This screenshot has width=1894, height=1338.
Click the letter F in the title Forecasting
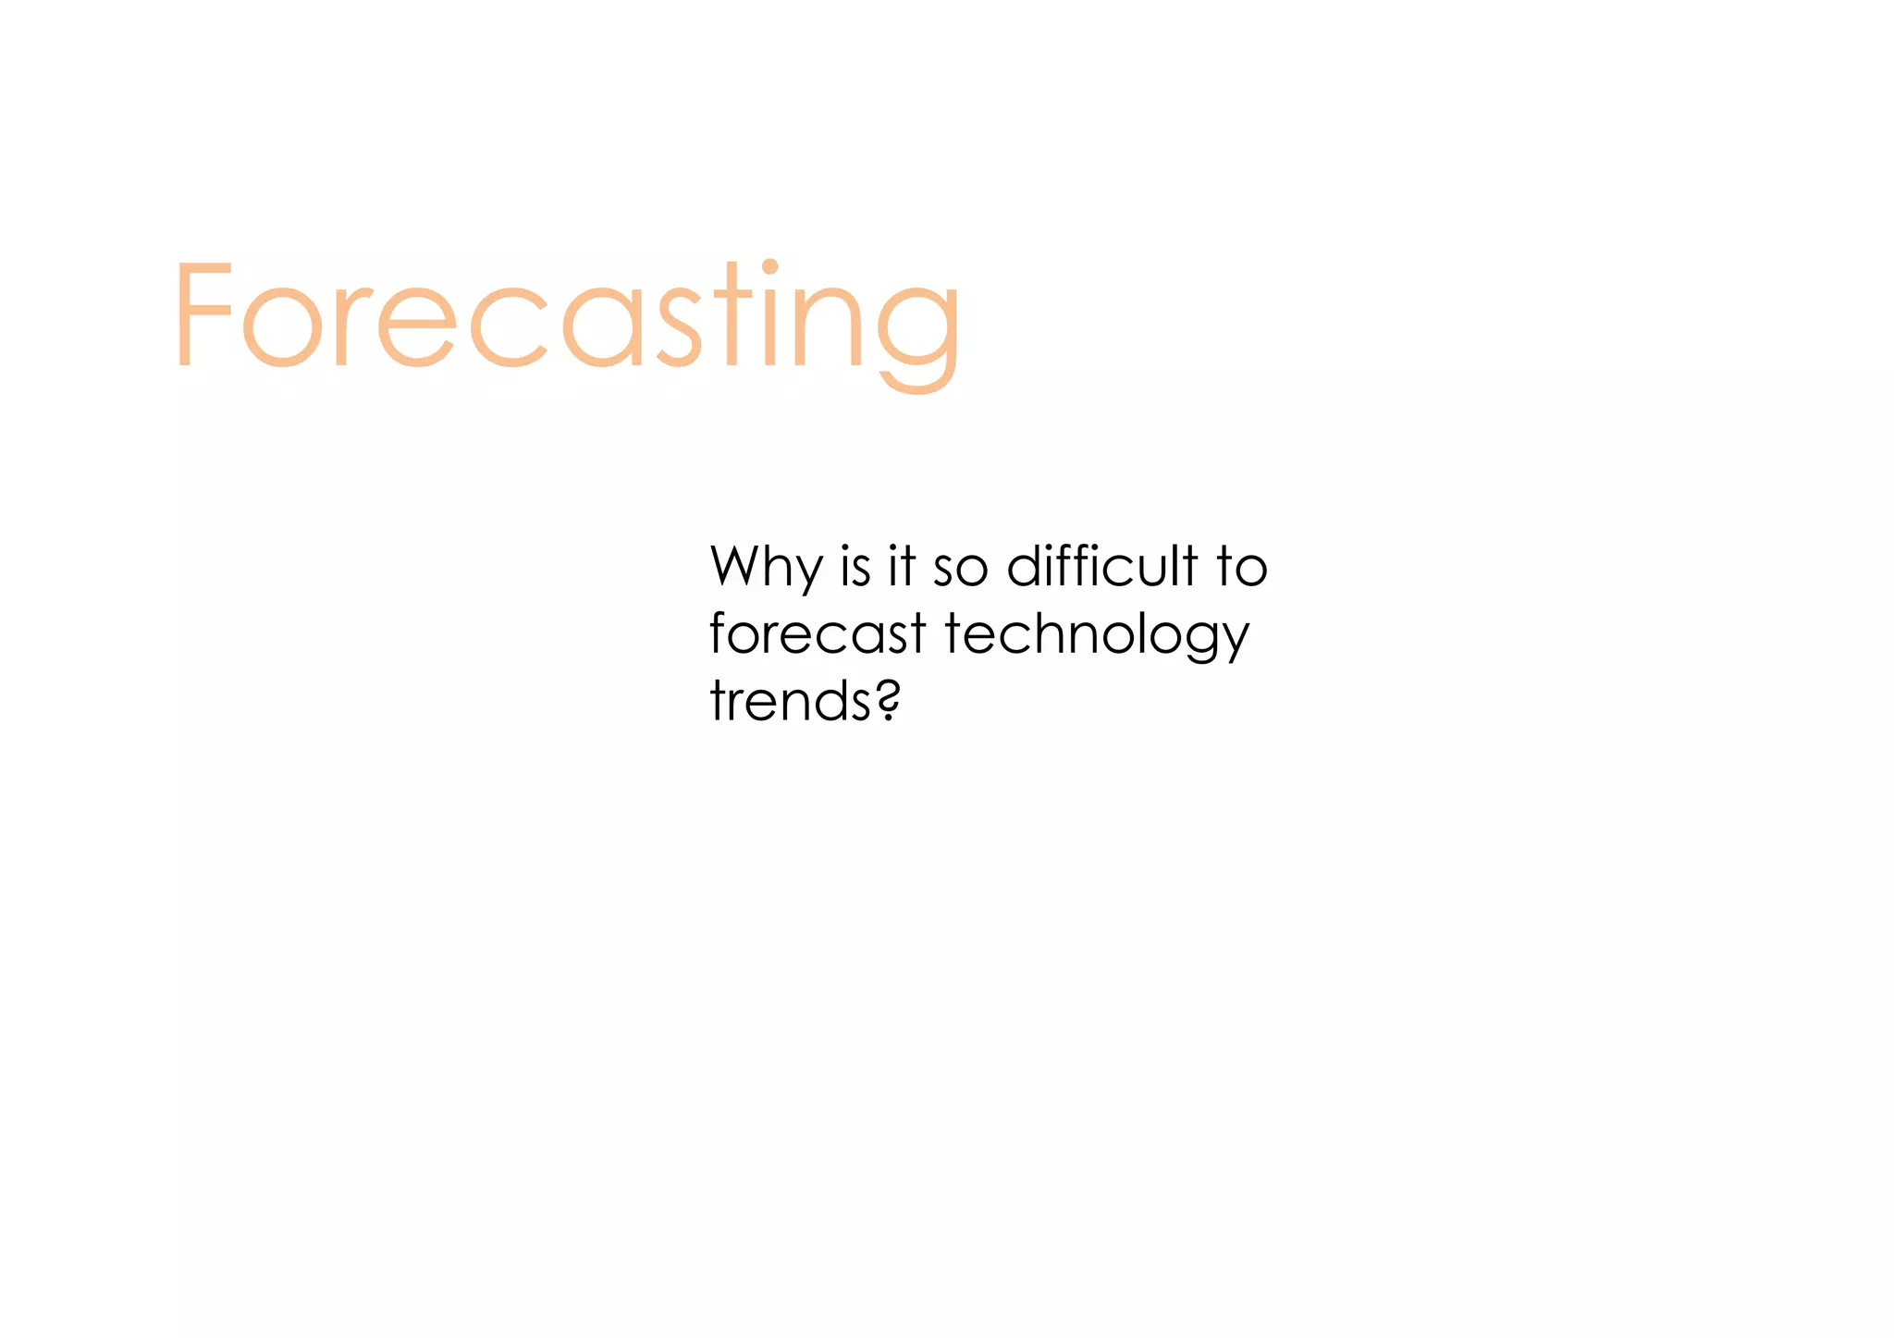click(202, 314)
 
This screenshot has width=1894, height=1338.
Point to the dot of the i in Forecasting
click(769, 267)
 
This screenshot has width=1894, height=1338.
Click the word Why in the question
click(767, 568)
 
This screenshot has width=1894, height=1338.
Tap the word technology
click(1097, 637)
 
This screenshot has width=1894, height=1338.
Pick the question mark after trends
click(888, 700)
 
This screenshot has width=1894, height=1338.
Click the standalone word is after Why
click(855, 567)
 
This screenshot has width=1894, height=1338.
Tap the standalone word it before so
click(902, 567)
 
